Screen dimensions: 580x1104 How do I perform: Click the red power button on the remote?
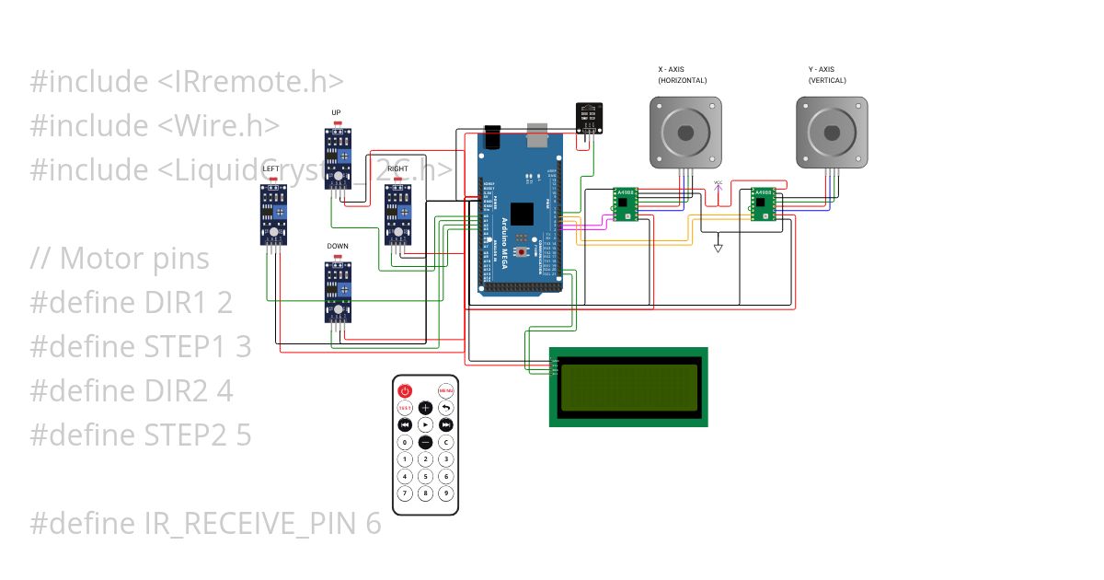(405, 390)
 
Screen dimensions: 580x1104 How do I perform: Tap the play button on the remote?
(425, 424)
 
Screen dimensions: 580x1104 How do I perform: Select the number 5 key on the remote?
(425, 476)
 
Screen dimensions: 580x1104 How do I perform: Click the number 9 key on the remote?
(446, 493)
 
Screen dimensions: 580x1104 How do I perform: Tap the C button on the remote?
(446, 442)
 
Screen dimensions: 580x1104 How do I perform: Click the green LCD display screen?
(628, 387)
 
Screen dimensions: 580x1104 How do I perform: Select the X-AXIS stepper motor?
(685, 133)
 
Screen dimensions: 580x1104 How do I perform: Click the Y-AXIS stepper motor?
(832, 133)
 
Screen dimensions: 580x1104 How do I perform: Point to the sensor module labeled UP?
(338, 158)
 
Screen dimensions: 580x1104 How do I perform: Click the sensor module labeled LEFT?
(273, 214)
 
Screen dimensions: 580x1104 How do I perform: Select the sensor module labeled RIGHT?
(397, 214)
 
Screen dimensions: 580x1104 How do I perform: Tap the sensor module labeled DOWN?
(338, 292)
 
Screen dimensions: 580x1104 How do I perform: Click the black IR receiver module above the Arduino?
(588, 117)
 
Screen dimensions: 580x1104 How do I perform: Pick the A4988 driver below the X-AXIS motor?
(627, 203)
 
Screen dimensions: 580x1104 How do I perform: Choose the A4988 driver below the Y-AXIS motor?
(764, 203)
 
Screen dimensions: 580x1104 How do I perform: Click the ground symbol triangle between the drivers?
(719, 247)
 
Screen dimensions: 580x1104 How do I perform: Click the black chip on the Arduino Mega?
(521, 214)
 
